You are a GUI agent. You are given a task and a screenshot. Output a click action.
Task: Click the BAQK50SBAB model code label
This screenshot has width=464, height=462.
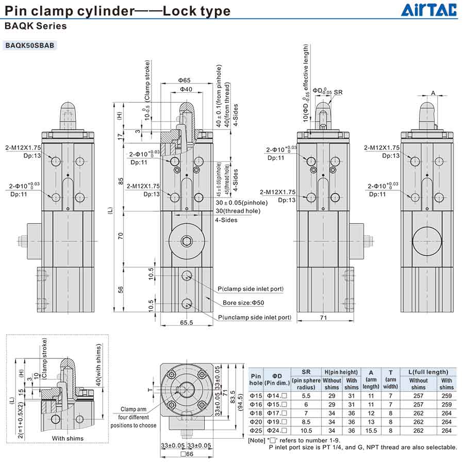(x=29, y=45)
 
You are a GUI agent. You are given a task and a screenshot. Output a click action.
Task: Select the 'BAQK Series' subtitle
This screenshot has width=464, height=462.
(x=36, y=26)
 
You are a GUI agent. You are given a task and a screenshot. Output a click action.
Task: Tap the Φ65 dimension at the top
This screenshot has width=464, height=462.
(x=184, y=80)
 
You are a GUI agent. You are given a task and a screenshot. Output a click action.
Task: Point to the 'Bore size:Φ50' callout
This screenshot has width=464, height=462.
(x=243, y=303)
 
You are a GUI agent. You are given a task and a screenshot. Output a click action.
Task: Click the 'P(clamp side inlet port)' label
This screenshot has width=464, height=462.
(x=251, y=289)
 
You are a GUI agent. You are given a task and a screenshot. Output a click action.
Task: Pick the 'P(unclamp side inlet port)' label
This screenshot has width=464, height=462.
(x=254, y=317)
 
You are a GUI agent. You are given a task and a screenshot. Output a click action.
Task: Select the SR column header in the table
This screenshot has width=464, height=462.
(x=306, y=371)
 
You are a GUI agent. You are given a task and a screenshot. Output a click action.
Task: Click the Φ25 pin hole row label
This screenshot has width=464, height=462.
(x=256, y=431)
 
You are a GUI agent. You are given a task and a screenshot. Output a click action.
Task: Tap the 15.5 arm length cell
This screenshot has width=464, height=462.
(x=371, y=431)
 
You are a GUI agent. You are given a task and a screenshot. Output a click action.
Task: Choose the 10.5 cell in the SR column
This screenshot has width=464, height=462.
(x=306, y=431)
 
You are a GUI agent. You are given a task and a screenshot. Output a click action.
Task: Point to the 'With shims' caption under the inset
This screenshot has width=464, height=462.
(x=68, y=439)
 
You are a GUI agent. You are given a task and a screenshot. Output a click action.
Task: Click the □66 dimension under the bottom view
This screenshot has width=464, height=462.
(x=186, y=454)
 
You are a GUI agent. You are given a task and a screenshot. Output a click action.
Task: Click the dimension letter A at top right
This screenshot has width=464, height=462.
(x=433, y=93)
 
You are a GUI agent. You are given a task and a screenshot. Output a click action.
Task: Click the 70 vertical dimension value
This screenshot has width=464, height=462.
(x=120, y=236)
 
